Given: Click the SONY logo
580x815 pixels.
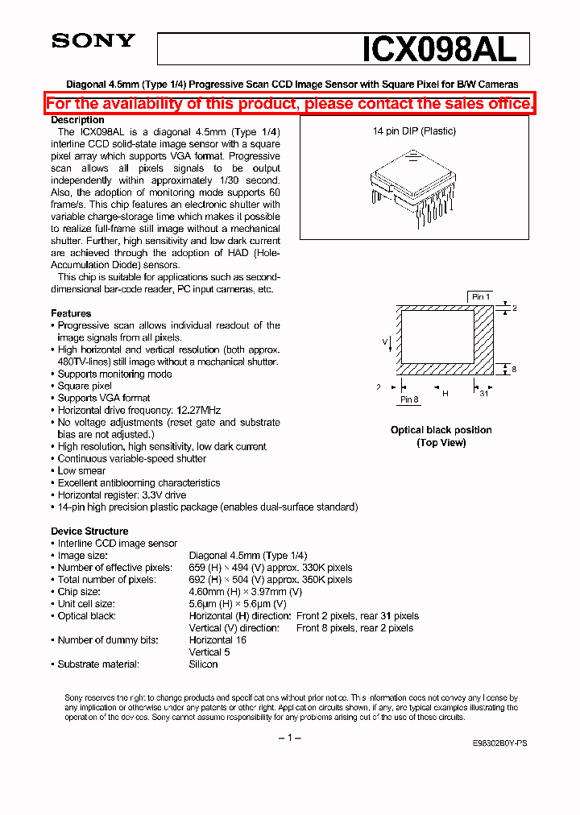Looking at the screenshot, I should click(93, 41).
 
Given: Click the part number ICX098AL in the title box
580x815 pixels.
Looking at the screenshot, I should click(439, 50).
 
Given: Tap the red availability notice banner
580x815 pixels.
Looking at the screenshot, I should click(289, 103).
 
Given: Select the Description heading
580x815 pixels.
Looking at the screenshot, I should click(77, 120).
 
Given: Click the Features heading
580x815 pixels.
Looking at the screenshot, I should click(71, 313).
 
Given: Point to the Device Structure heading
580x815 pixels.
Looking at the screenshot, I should click(89, 531).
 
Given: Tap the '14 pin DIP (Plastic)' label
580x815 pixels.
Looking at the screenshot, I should click(414, 131).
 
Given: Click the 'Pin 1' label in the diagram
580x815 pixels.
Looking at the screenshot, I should click(481, 297).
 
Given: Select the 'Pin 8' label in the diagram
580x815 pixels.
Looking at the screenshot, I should click(409, 399).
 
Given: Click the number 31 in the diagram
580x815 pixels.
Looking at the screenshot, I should click(484, 393).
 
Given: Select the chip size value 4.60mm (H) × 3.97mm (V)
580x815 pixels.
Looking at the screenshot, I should click(246, 592).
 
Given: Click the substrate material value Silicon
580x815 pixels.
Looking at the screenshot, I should click(203, 664).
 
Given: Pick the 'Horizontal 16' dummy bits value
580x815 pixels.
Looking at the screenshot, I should click(217, 640).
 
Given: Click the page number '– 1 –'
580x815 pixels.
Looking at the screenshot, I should click(289, 738).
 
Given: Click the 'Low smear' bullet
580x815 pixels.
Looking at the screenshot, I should click(81, 470).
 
